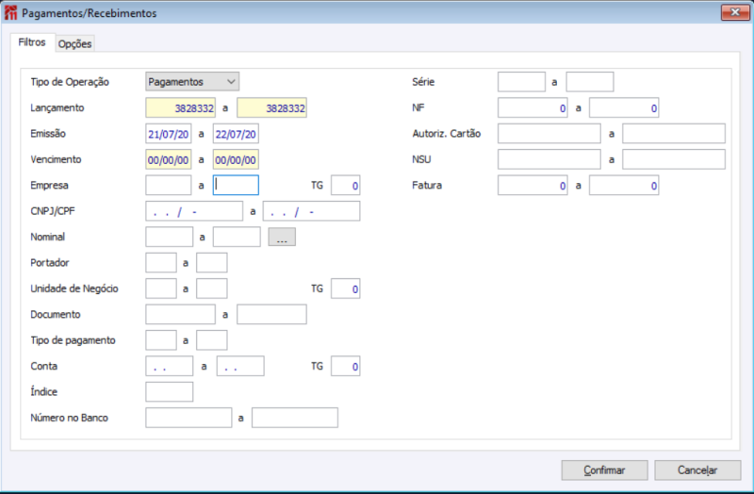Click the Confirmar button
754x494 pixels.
coord(604,469)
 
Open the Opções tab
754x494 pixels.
coord(75,44)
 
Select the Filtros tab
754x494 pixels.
coord(32,43)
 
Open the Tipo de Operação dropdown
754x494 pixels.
coord(192,82)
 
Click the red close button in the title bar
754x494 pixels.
coord(734,12)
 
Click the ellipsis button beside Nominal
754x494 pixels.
coord(282,238)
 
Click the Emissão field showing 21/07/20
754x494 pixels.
coord(169,134)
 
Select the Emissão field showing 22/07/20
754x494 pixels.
coord(236,134)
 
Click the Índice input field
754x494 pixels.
coord(170,391)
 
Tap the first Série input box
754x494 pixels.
coord(521,82)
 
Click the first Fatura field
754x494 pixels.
coord(533,186)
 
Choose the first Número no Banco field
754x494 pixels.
coord(188,417)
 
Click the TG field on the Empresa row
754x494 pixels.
coord(345,186)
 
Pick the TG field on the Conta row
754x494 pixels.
coord(345,366)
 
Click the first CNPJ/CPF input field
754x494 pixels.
coord(194,211)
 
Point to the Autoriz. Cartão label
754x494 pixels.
coord(447,134)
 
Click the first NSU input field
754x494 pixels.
coord(549,159)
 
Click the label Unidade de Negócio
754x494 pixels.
coord(74,288)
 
